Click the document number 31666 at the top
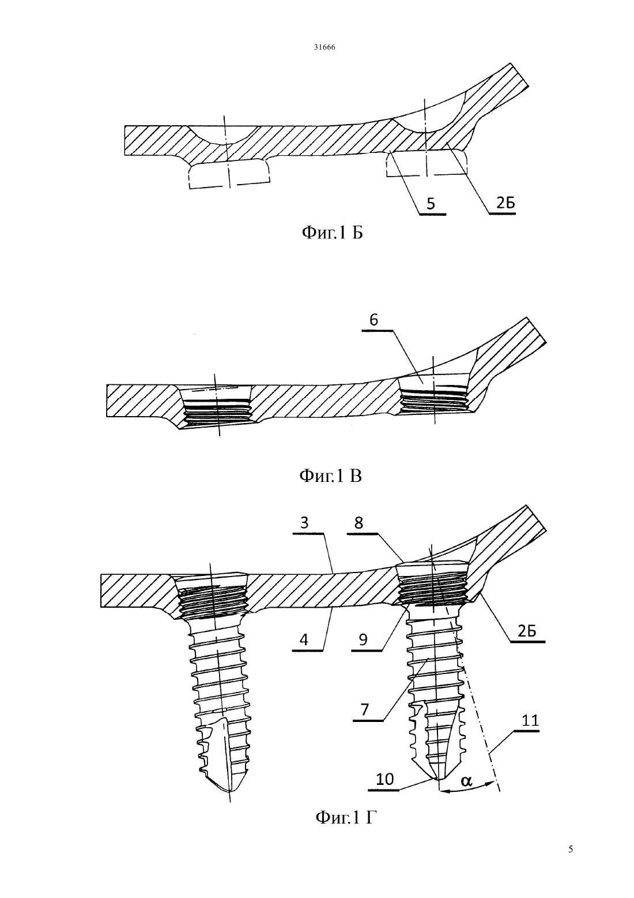[x=324, y=47]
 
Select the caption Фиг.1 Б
[x=332, y=233]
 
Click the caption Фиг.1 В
[x=331, y=476]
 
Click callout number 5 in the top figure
[x=431, y=204]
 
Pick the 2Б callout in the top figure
[x=505, y=204]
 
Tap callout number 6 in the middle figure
[x=373, y=320]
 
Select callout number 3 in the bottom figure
[x=304, y=523]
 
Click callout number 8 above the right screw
[x=358, y=523]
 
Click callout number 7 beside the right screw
[x=365, y=709]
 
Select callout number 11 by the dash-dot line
[x=531, y=720]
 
